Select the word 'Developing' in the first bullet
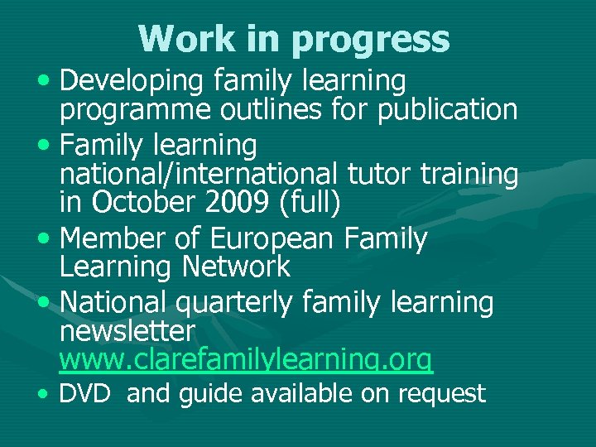pyautogui.click(x=133, y=81)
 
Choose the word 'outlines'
pyautogui.click(x=257, y=108)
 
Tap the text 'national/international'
pyautogui.click(x=198, y=174)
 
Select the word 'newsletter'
pyautogui.click(x=127, y=331)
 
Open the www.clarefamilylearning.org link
pyautogui.click(x=245, y=359)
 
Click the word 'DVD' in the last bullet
pyautogui.click(x=84, y=394)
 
